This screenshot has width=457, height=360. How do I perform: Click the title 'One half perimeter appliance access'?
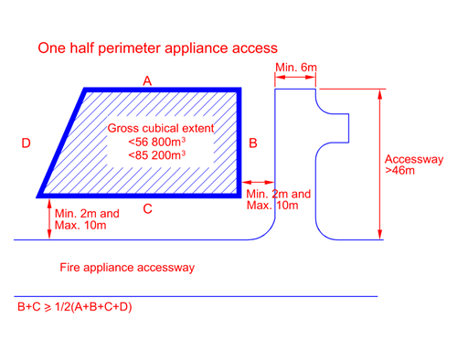point(157,48)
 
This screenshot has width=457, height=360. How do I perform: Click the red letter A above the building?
point(147,81)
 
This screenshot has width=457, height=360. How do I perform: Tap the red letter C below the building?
point(147,209)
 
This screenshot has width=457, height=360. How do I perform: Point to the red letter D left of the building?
point(27,143)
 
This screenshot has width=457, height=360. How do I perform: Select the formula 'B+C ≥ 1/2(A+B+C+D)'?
point(74,307)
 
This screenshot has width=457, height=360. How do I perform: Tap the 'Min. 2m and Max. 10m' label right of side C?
point(279,200)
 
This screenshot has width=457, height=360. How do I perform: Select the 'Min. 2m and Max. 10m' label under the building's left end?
point(88,218)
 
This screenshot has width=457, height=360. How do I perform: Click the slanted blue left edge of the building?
point(62,143)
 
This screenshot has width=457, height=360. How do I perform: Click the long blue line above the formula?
point(197,296)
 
